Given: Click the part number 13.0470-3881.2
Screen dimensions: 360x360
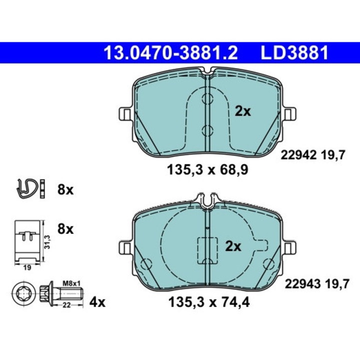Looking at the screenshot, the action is tap(170, 53).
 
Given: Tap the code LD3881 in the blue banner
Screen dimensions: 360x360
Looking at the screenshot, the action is tap(294, 53).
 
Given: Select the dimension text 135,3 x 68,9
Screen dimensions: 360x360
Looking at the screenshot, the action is tap(207, 170).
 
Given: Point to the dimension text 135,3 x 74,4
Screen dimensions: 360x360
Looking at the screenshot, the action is tap(209, 302).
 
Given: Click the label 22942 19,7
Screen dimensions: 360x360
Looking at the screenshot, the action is tap(313, 155).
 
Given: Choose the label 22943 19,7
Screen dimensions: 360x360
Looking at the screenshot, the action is tap(317, 284).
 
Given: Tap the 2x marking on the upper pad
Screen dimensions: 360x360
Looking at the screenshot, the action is tap(242, 111).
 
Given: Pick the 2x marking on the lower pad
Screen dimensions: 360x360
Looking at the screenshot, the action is tap(233, 246).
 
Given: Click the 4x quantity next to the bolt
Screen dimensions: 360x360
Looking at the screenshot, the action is tap(97, 302).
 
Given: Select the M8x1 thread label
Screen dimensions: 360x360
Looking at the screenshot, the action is tap(71, 283).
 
